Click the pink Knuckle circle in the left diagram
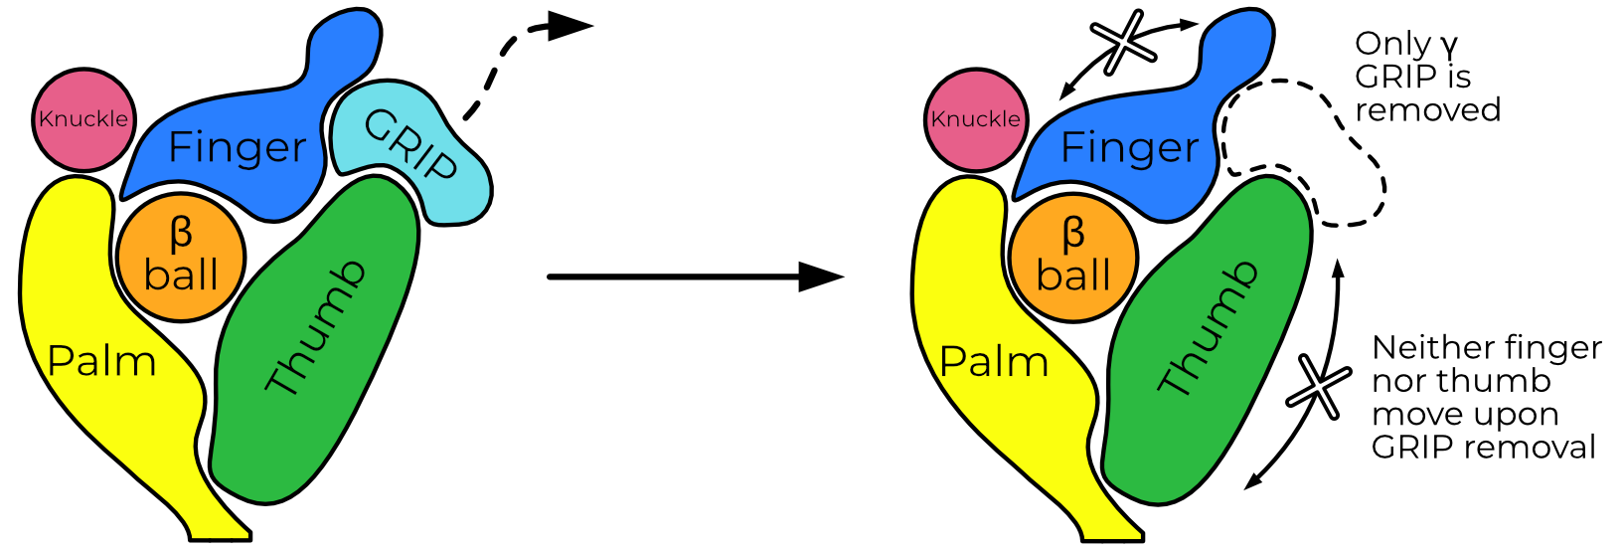83,119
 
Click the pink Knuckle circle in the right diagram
975,119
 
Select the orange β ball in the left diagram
180,257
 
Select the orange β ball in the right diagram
1072,257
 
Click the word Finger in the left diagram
238,147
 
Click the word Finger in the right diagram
1130,147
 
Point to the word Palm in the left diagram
101,362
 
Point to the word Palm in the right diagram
994,362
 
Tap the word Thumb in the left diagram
316,328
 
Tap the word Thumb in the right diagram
1209,328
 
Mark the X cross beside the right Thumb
1318,387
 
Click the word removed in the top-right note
1427,109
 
